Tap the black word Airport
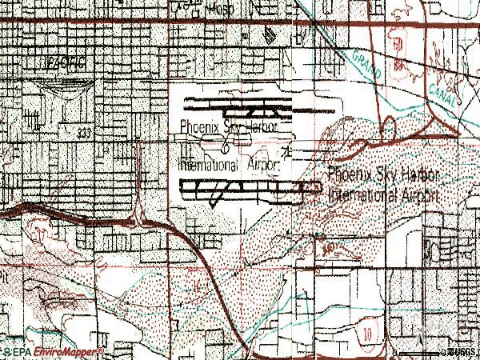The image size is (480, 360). tap(262, 166)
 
